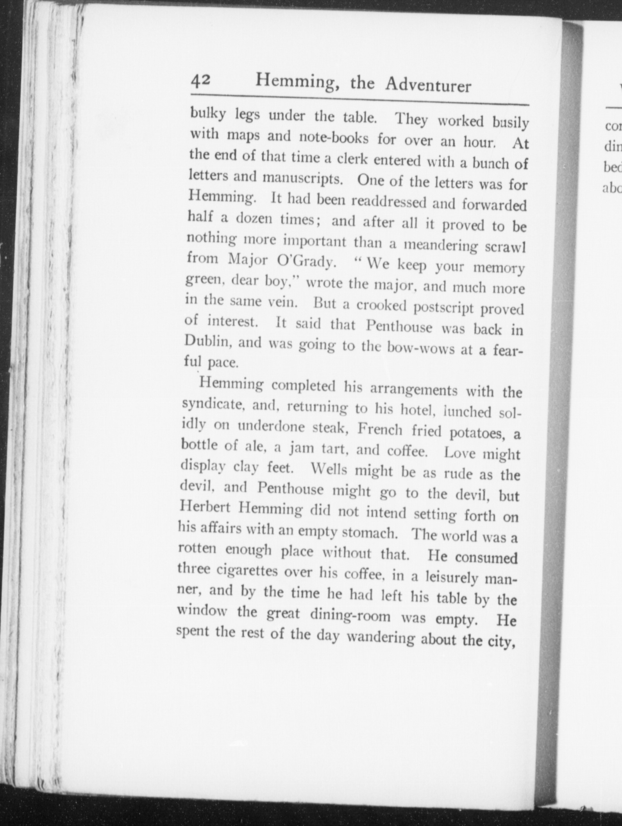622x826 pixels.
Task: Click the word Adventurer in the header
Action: pos(428,86)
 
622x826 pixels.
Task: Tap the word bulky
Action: pos(207,114)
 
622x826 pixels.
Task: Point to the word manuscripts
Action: pos(303,178)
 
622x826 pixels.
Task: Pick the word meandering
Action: pos(440,246)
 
